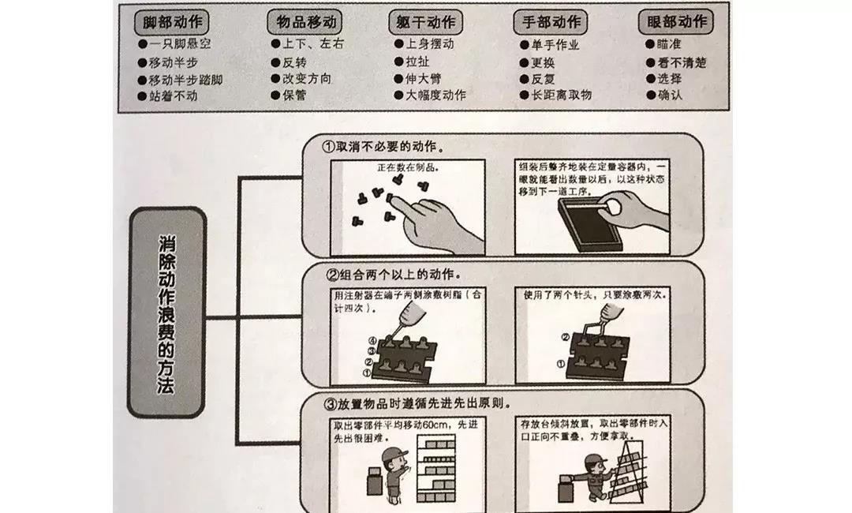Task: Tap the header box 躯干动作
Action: pyautogui.click(x=426, y=21)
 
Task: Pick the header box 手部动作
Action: pyautogui.click(x=551, y=21)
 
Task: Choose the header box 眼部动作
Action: pyautogui.click(x=675, y=21)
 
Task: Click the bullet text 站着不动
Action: pyautogui.click(x=173, y=96)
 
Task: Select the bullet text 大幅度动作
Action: pyautogui.click(x=435, y=96)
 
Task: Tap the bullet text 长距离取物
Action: pyautogui.click(x=561, y=96)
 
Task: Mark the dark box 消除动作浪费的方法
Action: pyautogui.click(x=166, y=313)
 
